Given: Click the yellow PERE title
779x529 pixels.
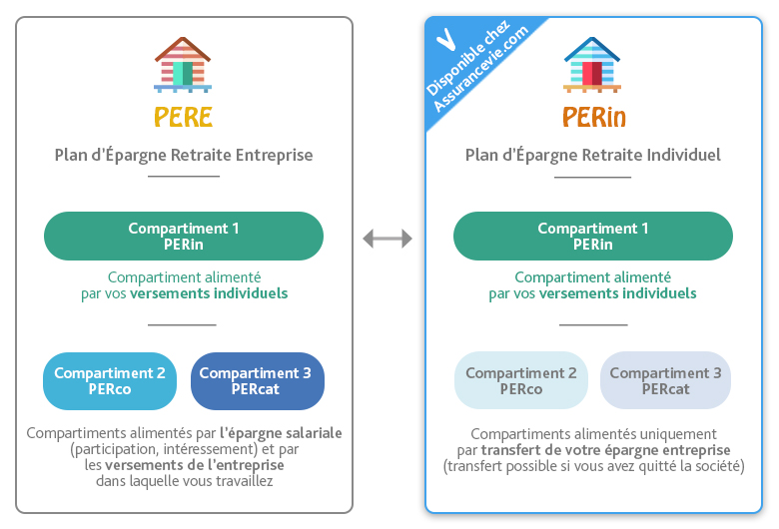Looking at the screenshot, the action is click(184, 117).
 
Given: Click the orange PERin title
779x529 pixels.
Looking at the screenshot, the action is click(593, 117).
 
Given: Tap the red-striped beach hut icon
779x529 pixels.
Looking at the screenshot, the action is click(183, 65).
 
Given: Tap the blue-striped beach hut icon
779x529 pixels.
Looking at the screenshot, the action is click(592, 65).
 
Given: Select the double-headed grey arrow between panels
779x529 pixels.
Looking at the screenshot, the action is click(388, 239).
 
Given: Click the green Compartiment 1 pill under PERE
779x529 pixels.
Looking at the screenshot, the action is click(184, 236).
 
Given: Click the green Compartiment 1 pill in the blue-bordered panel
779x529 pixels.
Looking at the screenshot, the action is click(592, 236).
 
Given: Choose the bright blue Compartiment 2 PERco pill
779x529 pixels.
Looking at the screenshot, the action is click(110, 381).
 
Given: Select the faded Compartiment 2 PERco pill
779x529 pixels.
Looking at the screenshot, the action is click(520, 380).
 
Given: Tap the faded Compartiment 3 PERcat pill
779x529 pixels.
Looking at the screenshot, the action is click(666, 380).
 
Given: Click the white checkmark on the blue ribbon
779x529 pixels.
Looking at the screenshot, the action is click(445, 40).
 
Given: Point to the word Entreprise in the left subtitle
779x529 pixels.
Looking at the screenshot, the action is click(275, 155).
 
